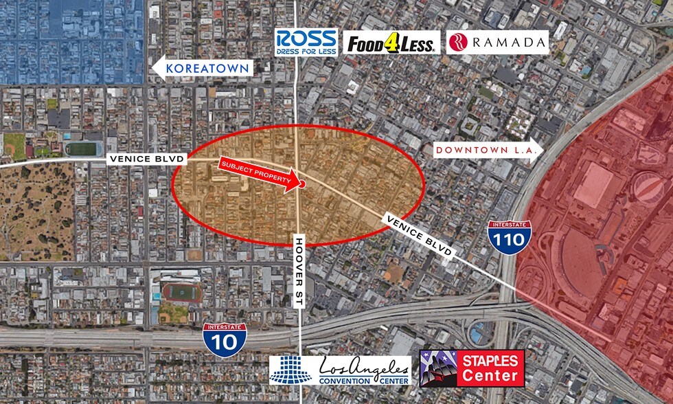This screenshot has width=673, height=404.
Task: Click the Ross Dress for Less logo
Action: (306, 41)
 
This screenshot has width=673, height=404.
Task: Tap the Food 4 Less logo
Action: (391, 43)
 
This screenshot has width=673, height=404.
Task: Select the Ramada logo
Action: (498, 43)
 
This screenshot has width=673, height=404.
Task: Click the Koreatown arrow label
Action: (203, 68)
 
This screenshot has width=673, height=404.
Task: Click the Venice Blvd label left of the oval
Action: (147, 159)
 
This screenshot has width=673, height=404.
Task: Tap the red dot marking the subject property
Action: (301, 184)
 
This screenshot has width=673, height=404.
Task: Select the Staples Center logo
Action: (472, 368)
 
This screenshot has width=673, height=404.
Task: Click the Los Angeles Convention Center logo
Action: (340, 370)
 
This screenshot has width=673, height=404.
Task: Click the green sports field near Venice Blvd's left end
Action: (81, 148)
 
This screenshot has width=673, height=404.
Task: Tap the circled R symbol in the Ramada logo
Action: (458, 43)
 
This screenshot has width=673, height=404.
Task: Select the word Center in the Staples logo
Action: (490, 376)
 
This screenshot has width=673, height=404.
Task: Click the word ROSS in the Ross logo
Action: (306, 37)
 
